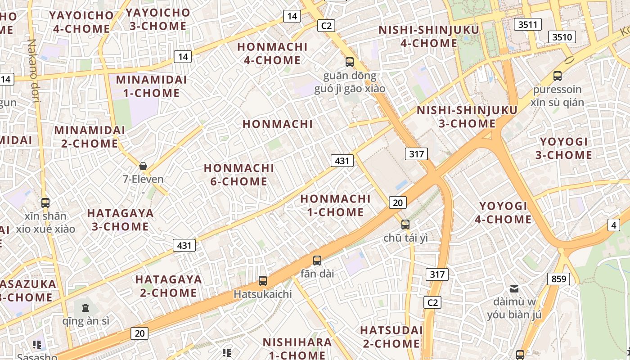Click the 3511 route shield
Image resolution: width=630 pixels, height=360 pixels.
[527, 24]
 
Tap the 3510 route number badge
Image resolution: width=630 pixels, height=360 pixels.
[562, 37]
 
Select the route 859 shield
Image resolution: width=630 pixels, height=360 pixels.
[558, 279]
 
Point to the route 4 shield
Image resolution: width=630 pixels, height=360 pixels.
[614, 225]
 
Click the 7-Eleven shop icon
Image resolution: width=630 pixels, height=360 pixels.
[143, 166]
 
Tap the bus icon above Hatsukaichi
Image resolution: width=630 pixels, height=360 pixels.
[263, 281]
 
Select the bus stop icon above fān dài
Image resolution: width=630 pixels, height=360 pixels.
[317, 260]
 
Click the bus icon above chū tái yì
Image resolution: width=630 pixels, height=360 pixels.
[405, 224]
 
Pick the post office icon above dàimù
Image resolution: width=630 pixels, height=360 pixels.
[514, 288]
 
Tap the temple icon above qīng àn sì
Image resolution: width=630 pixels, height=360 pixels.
[85, 308]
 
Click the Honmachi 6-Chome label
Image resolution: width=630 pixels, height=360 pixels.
[239, 175]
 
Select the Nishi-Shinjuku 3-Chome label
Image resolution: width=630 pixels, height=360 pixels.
[467, 117]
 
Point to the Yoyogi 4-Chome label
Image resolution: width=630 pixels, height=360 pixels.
[503, 212]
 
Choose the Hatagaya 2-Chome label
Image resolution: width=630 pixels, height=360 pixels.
[168, 286]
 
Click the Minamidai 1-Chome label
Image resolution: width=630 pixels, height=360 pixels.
[148, 86]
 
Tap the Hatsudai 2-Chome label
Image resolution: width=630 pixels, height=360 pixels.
[391, 337]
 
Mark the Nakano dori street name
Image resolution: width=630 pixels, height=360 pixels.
[33, 71]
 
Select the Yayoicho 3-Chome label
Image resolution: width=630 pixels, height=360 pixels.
[157, 19]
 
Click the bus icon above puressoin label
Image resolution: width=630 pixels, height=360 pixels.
[558, 76]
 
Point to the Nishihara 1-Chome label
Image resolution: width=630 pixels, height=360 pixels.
[297, 348]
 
